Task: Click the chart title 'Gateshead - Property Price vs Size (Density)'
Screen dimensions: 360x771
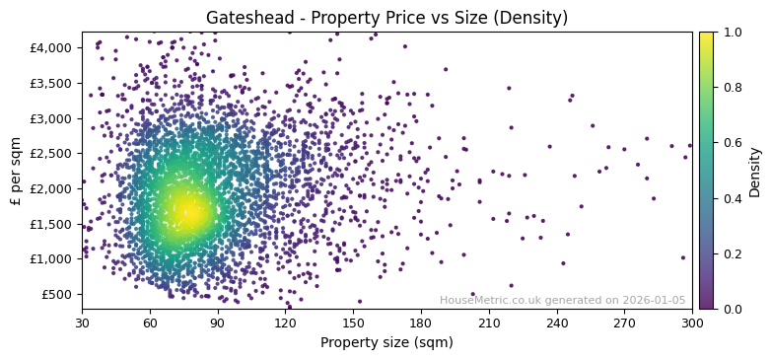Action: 386,18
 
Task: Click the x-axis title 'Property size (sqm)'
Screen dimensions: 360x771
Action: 386,343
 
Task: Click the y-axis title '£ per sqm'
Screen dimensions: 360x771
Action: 16,171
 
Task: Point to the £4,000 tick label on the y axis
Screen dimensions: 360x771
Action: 49,47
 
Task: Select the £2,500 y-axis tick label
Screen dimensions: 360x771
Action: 49,153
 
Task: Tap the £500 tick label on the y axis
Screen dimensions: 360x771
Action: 55,294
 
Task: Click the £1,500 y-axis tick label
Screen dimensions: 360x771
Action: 49,224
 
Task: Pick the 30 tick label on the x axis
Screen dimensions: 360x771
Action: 82,323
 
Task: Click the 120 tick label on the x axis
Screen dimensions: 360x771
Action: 285,323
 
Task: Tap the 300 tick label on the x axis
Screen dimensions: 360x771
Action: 692,323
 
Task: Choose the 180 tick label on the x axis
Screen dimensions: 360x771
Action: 421,323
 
